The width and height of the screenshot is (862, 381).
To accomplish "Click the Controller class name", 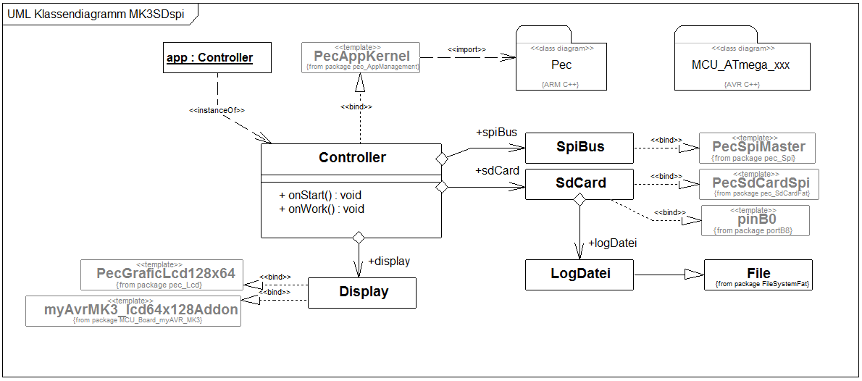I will (x=352, y=158).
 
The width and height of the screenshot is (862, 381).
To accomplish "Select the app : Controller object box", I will (x=209, y=58).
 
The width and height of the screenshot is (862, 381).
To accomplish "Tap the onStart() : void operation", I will (x=320, y=195).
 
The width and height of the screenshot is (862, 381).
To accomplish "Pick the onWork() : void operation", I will (x=322, y=209).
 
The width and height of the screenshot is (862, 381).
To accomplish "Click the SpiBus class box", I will (x=579, y=148).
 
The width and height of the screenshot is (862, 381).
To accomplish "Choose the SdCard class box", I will (x=579, y=183).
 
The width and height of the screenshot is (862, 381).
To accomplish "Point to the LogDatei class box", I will (x=579, y=274).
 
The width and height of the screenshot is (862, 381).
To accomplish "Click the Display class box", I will (x=362, y=292).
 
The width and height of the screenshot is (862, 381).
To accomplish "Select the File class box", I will (x=758, y=275).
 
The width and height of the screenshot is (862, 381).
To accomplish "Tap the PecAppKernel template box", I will (x=361, y=56).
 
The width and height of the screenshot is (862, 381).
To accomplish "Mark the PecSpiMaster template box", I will (x=757, y=148).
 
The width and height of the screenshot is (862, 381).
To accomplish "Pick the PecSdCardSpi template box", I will (x=757, y=184).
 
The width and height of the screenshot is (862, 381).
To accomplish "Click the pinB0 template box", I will (x=755, y=220).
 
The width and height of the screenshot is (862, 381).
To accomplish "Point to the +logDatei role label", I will (x=612, y=243).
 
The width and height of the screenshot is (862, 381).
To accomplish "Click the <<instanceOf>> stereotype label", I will (x=217, y=110).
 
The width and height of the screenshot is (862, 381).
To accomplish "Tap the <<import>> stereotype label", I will (x=467, y=49).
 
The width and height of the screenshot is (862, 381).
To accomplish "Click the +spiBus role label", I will (x=496, y=133).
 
